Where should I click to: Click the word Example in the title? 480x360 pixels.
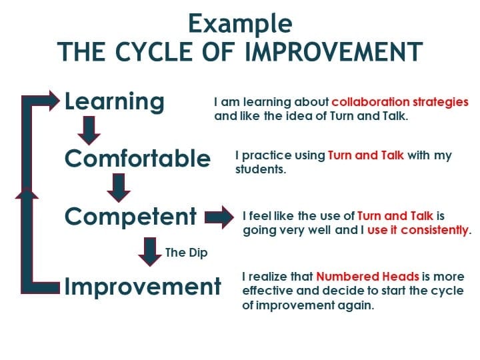[240, 24]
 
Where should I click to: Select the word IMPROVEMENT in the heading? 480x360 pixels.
[334, 51]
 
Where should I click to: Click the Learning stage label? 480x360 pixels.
[115, 101]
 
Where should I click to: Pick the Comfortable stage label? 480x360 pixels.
[137, 158]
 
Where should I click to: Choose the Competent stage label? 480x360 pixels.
[131, 216]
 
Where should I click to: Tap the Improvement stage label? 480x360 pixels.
[143, 287]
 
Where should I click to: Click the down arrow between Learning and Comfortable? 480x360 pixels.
[89, 131]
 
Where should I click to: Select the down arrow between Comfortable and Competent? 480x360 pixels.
[119, 188]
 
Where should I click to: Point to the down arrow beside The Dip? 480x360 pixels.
[150, 252]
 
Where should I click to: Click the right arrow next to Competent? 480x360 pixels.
[219, 217]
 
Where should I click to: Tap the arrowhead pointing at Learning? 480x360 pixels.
[53, 101]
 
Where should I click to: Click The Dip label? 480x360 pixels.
[187, 253]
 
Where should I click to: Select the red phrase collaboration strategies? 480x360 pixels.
[400, 102]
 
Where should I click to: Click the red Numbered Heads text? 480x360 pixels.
[367, 277]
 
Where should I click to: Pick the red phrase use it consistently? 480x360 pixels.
[418, 230]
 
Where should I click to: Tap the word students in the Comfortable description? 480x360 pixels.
[260, 169]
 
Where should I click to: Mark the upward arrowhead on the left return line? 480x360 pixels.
[27, 193]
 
